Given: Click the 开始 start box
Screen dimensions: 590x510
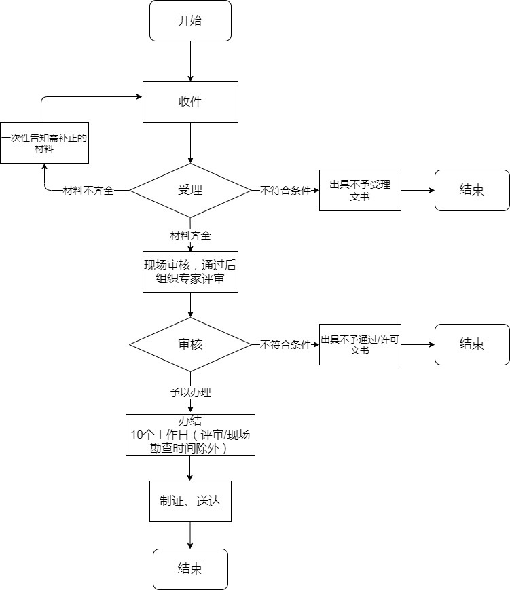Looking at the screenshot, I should tap(190, 20).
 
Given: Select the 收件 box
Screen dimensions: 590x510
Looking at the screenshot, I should tap(190, 102).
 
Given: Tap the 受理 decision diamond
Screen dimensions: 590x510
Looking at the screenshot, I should tap(190, 190).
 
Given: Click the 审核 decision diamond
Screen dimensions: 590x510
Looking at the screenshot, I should tap(190, 344).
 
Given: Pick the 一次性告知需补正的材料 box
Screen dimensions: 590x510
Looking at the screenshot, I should tap(45, 143).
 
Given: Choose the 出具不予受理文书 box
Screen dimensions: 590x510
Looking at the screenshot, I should tap(360, 190).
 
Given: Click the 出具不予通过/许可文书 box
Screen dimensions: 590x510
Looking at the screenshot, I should tap(360, 344).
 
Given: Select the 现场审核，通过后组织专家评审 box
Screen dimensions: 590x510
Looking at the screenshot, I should tap(190, 272).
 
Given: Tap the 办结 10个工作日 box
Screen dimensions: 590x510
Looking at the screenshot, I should tap(190, 435).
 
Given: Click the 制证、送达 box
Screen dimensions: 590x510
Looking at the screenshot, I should tap(190, 502).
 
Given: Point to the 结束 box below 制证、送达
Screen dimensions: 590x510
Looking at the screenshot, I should tap(190, 569).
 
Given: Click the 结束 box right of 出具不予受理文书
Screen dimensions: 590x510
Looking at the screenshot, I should tap(472, 190).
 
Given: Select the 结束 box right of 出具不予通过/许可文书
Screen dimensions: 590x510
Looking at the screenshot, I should tap(472, 344).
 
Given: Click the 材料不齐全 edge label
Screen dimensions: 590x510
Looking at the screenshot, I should tap(88, 191).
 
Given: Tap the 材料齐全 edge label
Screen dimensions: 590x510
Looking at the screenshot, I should tap(190, 236).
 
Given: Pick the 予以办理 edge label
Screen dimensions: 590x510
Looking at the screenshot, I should tap(190, 392).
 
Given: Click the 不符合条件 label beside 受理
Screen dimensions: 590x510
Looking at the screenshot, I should tap(285, 191).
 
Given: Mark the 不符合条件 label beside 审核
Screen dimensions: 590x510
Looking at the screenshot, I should tap(285, 344).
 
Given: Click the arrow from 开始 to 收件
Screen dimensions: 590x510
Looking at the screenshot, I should tap(190, 61).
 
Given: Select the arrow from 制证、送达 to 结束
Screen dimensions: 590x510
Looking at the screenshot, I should tap(190, 535).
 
